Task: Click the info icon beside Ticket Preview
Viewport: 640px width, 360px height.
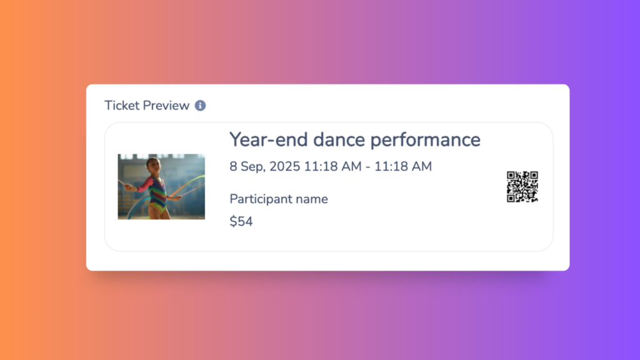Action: click(x=200, y=106)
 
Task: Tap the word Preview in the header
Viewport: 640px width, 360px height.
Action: click(x=165, y=106)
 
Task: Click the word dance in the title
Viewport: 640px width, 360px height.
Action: click(x=339, y=140)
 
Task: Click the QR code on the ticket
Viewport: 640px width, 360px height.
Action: click(x=522, y=186)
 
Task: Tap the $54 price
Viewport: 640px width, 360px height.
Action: click(x=241, y=221)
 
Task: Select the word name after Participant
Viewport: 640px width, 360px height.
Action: click(x=312, y=199)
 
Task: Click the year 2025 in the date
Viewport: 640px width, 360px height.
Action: click(x=284, y=166)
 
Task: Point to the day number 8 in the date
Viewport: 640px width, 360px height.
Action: click(x=233, y=166)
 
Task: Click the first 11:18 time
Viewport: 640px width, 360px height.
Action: click(x=319, y=166)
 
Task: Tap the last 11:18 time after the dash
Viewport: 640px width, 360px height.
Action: click(x=390, y=166)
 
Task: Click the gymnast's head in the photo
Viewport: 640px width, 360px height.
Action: click(x=153, y=164)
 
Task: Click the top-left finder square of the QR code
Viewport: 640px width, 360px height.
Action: click(x=511, y=176)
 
